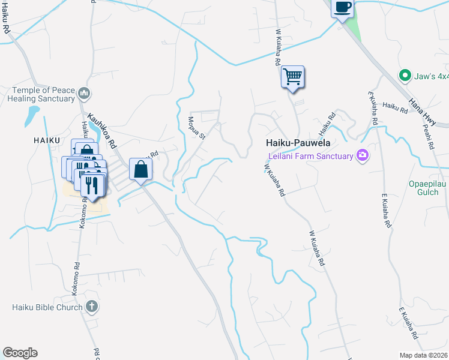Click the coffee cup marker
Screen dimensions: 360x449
342,8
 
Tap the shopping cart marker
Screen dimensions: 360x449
293,77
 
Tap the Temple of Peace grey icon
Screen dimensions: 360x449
84,94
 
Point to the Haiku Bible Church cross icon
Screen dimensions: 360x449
91,307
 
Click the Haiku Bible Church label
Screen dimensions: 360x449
47,307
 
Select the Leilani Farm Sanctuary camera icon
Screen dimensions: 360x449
362,155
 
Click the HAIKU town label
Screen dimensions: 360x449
46,140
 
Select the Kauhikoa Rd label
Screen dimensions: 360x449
101,127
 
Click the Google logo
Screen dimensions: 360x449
20,353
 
